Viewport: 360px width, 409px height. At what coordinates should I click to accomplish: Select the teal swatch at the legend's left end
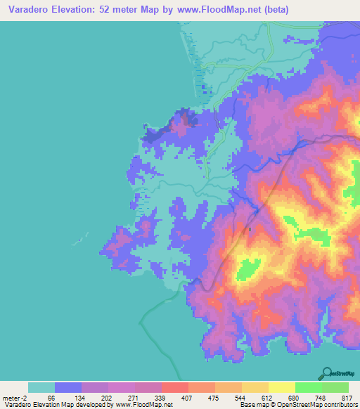(41, 387)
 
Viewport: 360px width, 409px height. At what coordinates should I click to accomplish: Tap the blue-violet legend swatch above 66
(68, 387)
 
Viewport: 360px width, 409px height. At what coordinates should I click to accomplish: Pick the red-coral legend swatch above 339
(174, 387)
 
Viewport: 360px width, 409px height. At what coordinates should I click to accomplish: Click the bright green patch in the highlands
(248, 268)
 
